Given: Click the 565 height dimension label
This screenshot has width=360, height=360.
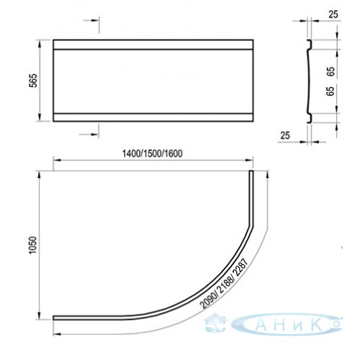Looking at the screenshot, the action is [x=34, y=81].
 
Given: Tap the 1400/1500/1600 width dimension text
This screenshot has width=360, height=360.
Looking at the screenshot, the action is [x=153, y=153].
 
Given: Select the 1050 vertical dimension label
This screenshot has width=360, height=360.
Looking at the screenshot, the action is [x=32, y=245].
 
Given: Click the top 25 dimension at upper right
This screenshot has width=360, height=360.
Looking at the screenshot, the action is [x=333, y=14].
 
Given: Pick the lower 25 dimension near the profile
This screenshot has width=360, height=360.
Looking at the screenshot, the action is [x=285, y=135].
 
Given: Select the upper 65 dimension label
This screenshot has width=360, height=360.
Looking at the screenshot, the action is [x=330, y=71].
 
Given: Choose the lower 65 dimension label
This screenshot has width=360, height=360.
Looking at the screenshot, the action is [x=330, y=91].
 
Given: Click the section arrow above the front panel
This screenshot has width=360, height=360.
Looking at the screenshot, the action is [x=91, y=20].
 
